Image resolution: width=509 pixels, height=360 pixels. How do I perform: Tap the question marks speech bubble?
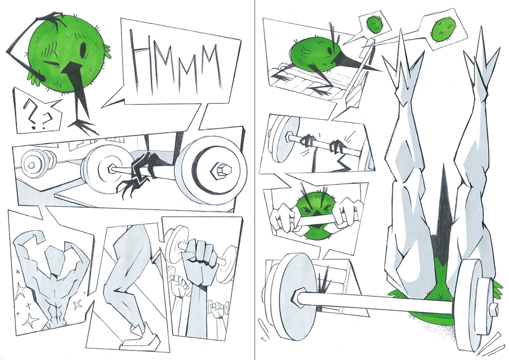pos(37,111)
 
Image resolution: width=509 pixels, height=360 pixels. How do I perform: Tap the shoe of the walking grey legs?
pos(140,337)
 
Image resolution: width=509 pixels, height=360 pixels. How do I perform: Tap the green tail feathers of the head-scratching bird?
pos(108,52)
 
